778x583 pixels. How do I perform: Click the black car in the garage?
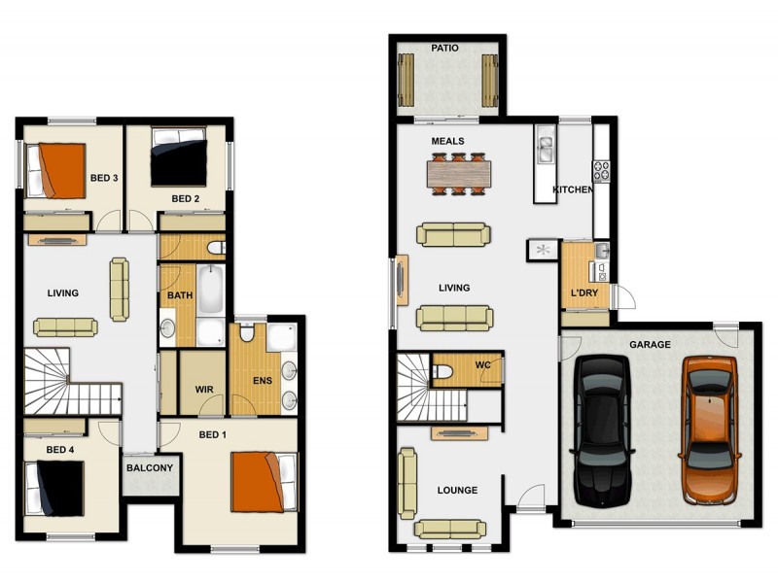tap(605, 429)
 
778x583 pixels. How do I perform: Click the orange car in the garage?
tap(710, 429)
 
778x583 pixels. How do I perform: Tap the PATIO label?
tap(445, 48)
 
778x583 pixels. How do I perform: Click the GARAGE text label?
tap(650, 345)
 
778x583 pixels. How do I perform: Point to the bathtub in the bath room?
tap(211, 291)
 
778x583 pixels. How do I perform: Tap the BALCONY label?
tap(150, 468)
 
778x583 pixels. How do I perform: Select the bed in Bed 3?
tap(54, 169)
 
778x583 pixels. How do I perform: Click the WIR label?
tap(204, 391)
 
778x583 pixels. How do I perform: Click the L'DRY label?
tap(583, 294)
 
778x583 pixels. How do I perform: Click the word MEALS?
tap(448, 141)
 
